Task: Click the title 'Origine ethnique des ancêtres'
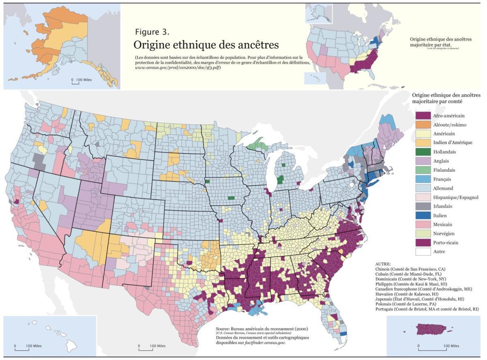pos(206,44)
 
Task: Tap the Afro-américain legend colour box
pos(422,116)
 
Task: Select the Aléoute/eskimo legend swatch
pos(422,125)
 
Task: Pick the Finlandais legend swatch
pos(422,170)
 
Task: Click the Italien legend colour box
pos(422,216)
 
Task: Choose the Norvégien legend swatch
pos(422,233)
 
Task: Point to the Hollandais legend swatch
pos(422,152)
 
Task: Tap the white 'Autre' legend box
pos(422,252)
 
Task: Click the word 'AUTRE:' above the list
pos(384,264)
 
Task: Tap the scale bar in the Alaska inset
pos(75,82)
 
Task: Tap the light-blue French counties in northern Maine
pos(388,121)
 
